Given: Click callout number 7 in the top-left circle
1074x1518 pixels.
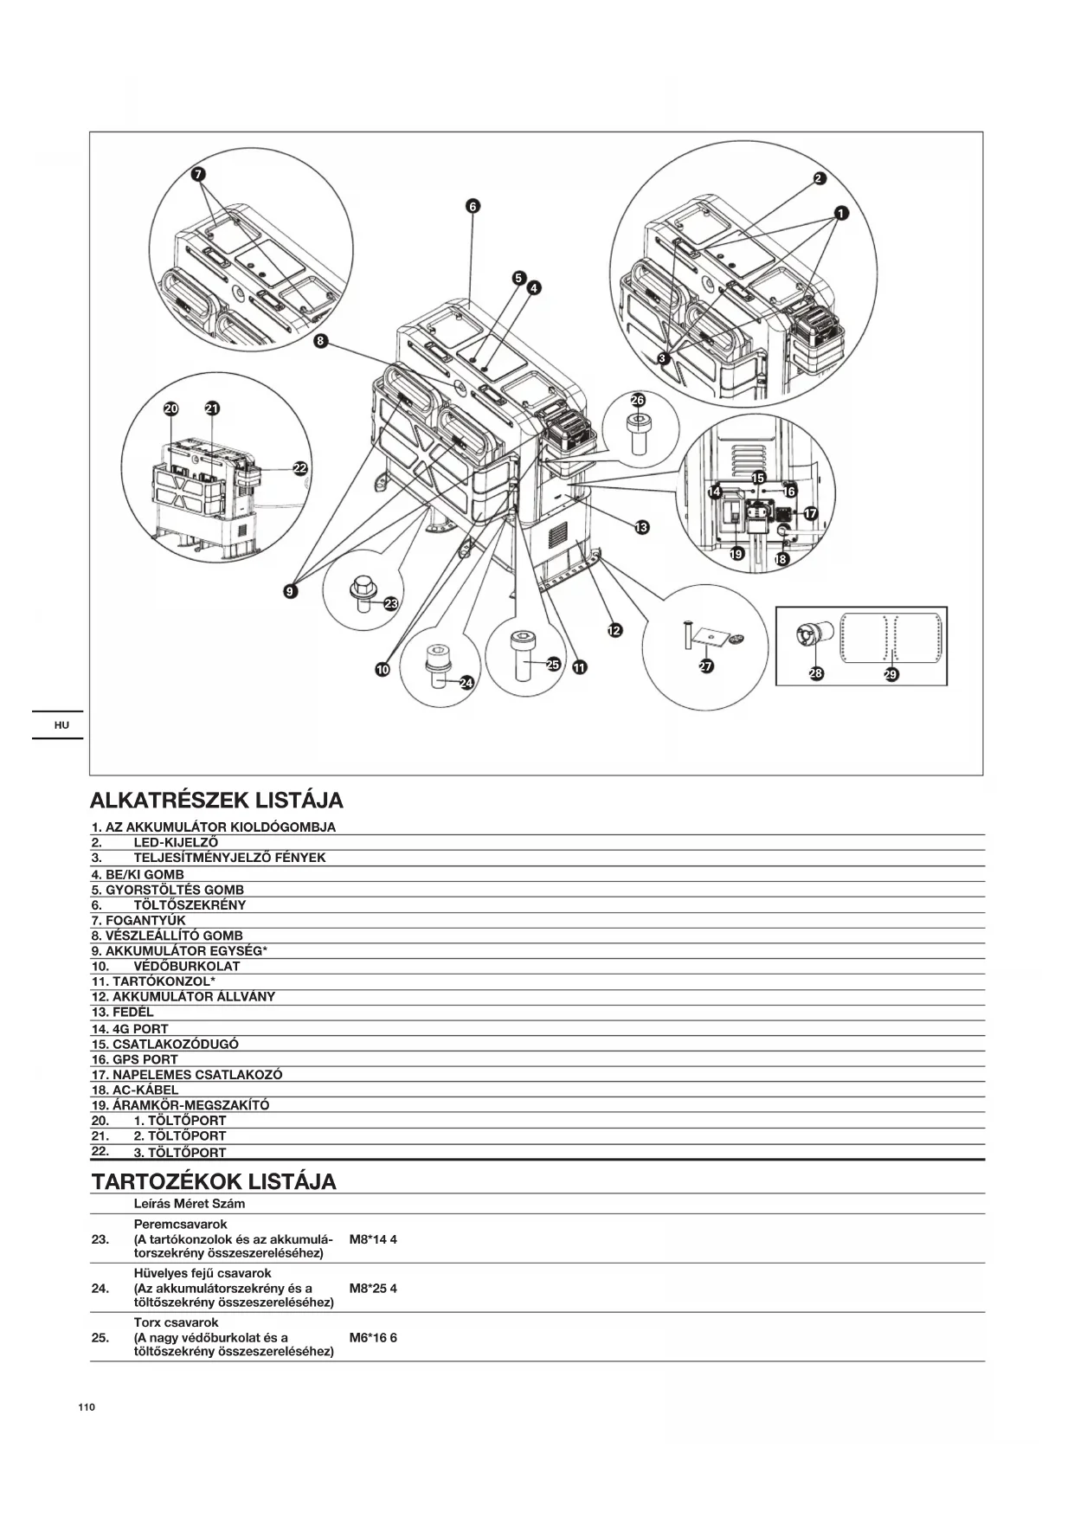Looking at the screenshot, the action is coord(198,173).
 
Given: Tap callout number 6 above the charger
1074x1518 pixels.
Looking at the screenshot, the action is coord(473,206).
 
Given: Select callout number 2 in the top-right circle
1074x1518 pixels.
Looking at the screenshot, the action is coord(820,179).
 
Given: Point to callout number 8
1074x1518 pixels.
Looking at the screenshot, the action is coord(320,341).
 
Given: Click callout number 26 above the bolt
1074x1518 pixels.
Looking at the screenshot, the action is coord(638,400).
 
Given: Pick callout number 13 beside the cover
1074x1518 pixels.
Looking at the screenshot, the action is coord(641,527).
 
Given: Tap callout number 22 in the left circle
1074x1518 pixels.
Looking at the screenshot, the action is coord(299,468).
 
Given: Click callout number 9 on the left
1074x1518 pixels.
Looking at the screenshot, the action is coord(290,591).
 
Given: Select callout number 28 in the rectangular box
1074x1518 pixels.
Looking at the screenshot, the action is coord(816,673).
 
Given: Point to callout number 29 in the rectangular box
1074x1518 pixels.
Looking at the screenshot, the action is coord(891,674).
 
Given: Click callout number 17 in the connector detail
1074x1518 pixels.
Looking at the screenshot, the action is coord(811,513).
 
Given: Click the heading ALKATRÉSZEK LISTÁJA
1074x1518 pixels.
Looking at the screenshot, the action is coord(216,799).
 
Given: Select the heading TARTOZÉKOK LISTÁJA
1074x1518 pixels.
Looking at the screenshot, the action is coord(214,1181).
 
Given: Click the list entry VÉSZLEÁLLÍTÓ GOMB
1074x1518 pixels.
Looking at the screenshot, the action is coord(167,936).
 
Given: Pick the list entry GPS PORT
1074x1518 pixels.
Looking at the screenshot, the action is coord(135,1059).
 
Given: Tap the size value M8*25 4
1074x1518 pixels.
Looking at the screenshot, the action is coord(373,1288).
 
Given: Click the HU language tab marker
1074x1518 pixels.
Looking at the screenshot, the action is coord(61,724).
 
